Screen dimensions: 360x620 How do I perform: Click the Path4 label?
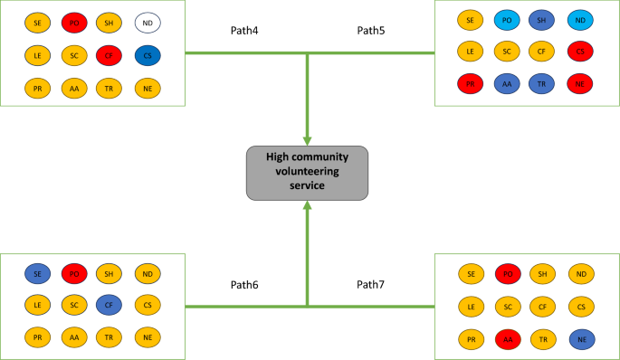click(244, 30)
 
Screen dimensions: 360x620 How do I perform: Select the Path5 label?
click(370, 30)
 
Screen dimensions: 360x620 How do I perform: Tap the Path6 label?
click(244, 285)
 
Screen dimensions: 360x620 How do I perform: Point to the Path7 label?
click(370, 285)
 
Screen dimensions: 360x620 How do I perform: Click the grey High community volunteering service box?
click(308, 172)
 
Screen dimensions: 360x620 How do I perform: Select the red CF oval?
click(110, 55)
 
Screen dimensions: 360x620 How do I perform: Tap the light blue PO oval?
click(507, 19)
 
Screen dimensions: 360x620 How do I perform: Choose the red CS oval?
click(579, 52)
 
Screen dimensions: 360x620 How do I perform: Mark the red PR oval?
click(470, 84)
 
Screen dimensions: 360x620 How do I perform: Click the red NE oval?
click(579, 84)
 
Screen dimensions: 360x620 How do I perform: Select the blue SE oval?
click(36, 272)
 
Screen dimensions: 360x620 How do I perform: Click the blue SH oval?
click(543, 19)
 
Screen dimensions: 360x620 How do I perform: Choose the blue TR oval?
click(543, 84)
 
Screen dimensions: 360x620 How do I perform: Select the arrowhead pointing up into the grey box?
click(308, 206)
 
